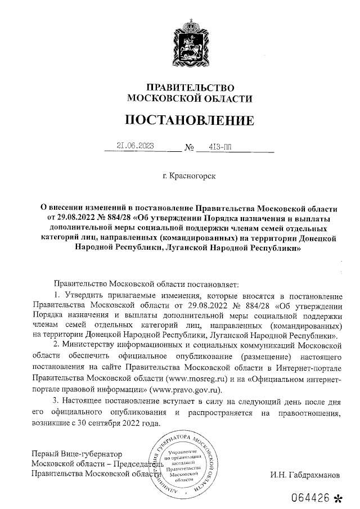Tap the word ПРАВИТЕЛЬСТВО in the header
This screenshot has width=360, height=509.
click(189, 87)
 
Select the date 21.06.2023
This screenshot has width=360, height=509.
click(136, 147)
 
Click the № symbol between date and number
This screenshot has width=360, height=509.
click(190, 150)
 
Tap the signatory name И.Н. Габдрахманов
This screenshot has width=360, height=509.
click(305, 474)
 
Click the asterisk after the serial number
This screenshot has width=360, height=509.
click(338, 498)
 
